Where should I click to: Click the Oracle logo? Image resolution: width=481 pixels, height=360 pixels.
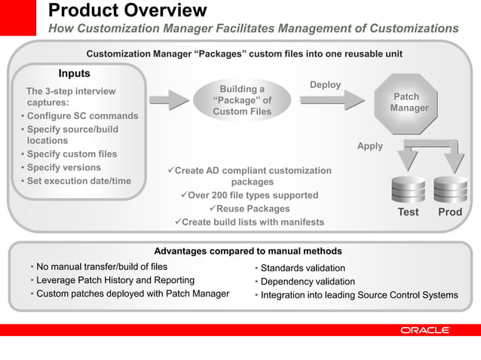point(424,330)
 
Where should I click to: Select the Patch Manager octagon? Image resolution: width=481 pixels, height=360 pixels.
point(409,103)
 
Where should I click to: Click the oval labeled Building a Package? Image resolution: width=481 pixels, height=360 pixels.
point(242,100)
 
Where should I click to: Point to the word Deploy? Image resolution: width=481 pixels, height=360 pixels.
point(325,85)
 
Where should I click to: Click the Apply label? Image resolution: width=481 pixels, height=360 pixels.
point(369,146)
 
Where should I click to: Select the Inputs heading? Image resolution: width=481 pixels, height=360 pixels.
point(74,74)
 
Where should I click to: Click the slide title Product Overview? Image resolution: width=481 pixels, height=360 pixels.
point(127,11)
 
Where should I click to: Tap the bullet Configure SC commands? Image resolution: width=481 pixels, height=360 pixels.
point(81,116)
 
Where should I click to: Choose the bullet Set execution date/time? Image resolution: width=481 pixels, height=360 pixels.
point(78,181)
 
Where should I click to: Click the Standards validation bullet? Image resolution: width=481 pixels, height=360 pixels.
point(302,268)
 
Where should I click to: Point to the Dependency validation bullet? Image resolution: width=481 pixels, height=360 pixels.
point(307,282)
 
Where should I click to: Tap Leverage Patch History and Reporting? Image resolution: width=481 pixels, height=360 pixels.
point(115,280)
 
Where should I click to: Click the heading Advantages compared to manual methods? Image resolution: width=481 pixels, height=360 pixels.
point(247,251)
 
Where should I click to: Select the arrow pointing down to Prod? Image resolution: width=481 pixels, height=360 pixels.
point(455,159)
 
